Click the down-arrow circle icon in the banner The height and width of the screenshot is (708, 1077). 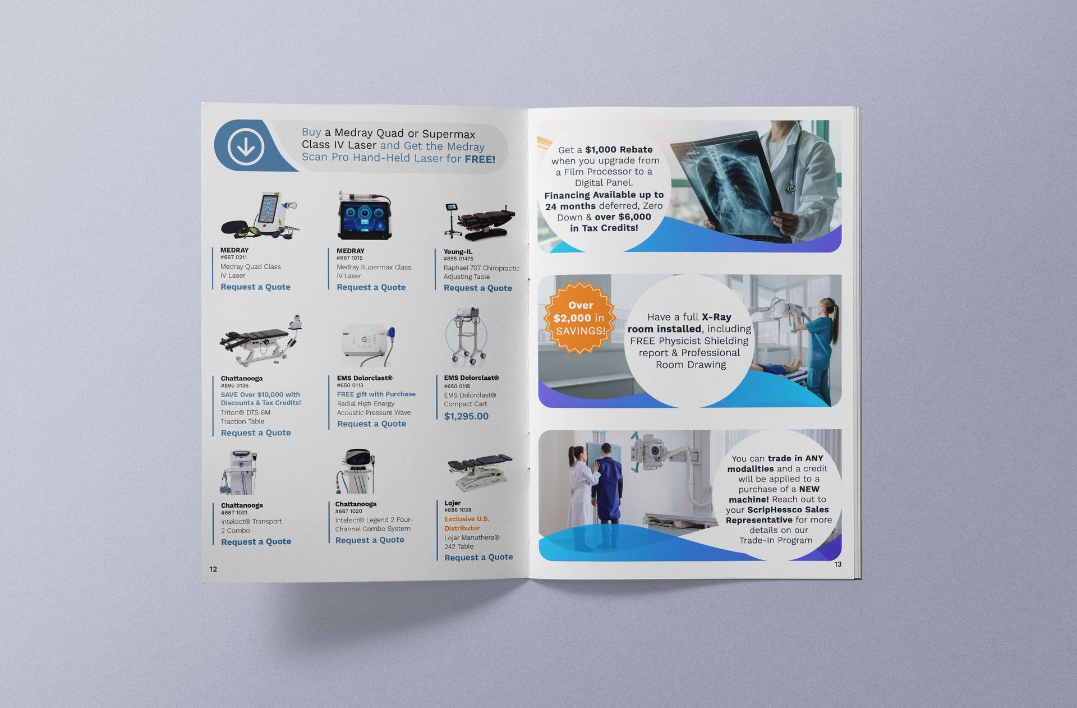click(246, 147)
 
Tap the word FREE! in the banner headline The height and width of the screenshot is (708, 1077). click(480, 159)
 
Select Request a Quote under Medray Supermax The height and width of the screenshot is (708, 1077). click(371, 287)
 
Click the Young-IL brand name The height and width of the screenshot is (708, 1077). click(458, 252)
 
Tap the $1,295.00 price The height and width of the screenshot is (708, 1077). click(466, 416)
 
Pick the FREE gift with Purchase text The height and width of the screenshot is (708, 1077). click(376, 394)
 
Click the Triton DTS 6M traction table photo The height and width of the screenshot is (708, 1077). click(261, 341)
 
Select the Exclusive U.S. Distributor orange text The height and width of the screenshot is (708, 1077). click(467, 523)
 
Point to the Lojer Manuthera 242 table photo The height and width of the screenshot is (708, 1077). click(480, 472)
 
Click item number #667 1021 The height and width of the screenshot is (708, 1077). click(234, 513)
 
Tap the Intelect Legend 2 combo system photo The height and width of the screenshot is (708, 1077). click(357, 471)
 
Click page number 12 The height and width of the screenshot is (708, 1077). click(213, 569)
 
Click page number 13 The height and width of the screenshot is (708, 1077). click(838, 564)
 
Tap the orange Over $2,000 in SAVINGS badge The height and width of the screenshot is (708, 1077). click(580, 318)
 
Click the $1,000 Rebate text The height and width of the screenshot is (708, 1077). click(619, 150)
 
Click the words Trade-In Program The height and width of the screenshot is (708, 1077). click(776, 540)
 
